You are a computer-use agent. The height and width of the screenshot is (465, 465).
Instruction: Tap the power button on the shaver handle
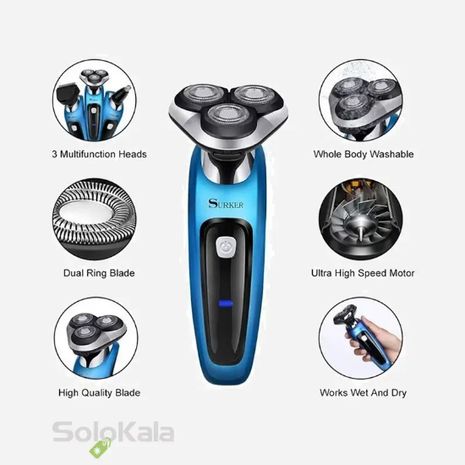pyautogui.click(x=226, y=247)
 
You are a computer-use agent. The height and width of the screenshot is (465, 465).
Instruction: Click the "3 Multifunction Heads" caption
pyautogui.click(x=99, y=155)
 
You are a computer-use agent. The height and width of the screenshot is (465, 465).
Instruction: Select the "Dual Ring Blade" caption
pyautogui.click(x=99, y=273)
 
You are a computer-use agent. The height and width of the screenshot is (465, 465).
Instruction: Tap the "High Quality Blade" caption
pyautogui.click(x=99, y=393)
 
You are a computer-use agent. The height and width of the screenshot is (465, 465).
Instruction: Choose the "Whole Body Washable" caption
pyautogui.click(x=364, y=155)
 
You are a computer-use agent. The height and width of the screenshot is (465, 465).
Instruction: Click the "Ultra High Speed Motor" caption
pyautogui.click(x=363, y=273)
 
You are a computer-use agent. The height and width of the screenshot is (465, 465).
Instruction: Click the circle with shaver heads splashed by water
pyautogui.click(x=359, y=101)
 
